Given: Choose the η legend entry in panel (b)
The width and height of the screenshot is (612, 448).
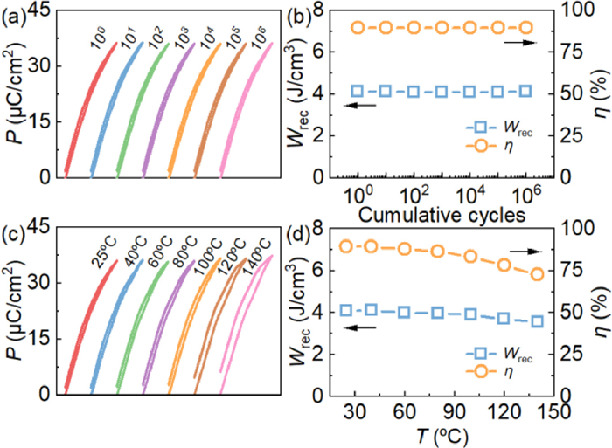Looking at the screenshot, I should [x=508, y=160].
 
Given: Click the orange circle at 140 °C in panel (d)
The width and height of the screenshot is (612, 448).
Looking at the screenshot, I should [x=537, y=274].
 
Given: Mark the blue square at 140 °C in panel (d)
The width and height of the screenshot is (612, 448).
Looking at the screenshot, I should [x=537, y=321].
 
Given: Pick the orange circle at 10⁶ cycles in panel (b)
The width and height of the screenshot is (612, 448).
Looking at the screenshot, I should [x=525, y=28].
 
